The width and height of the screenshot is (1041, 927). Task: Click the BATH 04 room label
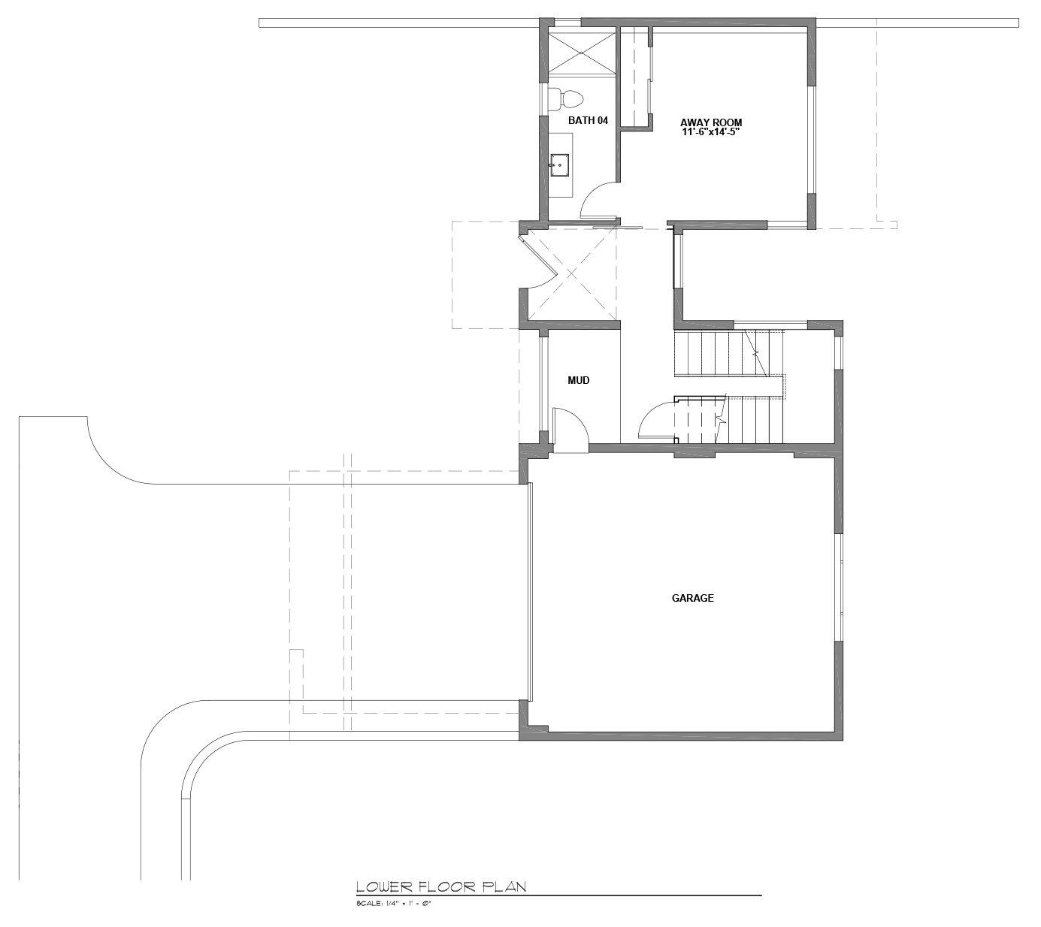point(588,120)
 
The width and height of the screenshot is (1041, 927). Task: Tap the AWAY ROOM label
point(710,122)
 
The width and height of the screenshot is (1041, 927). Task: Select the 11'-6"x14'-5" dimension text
point(710,132)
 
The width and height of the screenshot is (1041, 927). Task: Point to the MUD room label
point(578,381)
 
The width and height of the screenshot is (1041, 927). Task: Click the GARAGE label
point(693,598)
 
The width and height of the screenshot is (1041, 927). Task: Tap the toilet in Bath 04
point(565,99)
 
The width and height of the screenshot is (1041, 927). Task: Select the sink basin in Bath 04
point(559,165)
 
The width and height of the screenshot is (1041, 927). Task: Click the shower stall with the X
point(581,53)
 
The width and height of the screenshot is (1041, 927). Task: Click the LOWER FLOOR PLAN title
point(441,887)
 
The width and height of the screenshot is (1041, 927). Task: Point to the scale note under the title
point(393,904)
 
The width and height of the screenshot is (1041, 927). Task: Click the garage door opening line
point(530,592)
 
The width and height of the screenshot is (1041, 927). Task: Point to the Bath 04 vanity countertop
point(560,165)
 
